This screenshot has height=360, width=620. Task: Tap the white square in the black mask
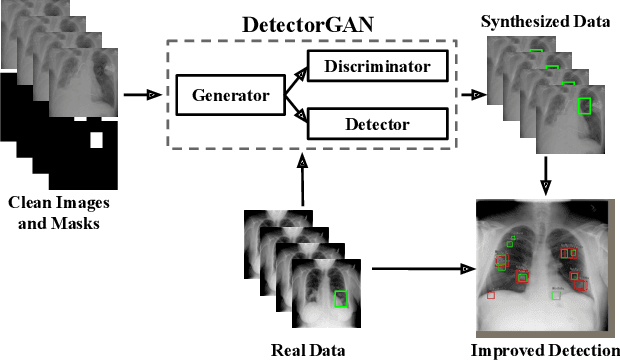point(97,140)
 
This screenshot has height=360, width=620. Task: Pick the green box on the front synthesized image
point(585,104)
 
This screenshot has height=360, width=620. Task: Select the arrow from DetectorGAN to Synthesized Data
point(473,96)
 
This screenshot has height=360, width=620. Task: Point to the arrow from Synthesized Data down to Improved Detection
point(545,172)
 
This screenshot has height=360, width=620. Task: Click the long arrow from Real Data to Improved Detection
point(420,268)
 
